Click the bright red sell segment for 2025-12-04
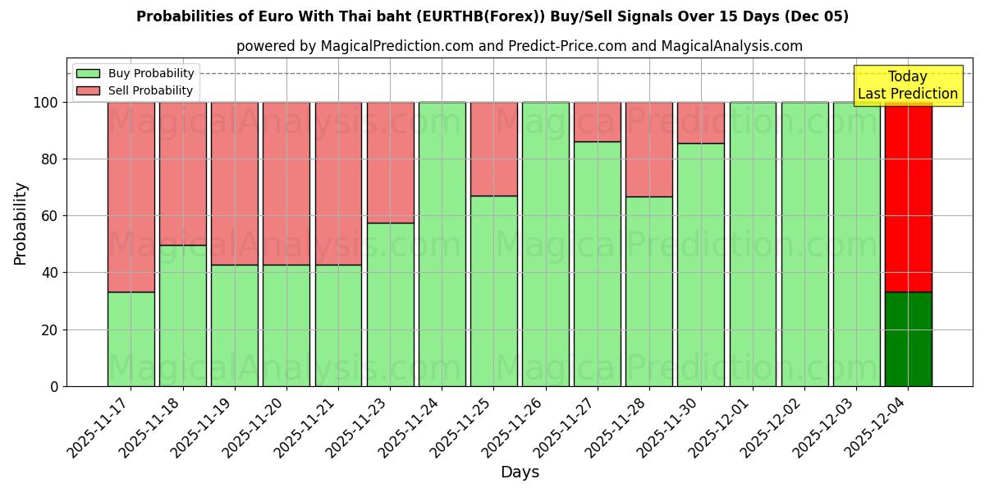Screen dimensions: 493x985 (908, 197)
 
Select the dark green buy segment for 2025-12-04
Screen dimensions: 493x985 (908, 339)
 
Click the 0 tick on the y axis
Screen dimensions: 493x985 (54, 386)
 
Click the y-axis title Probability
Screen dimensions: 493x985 (21, 223)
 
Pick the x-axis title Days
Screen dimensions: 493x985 (520, 472)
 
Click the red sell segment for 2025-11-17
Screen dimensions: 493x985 (131, 197)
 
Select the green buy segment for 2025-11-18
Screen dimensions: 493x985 (182, 316)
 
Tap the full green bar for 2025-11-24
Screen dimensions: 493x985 (442, 244)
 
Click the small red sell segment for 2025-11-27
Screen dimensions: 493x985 (597, 122)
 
